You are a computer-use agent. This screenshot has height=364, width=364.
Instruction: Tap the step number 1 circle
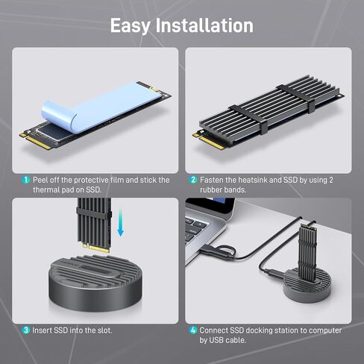(25, 180)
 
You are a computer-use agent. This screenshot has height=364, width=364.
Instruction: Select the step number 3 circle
(25, 330)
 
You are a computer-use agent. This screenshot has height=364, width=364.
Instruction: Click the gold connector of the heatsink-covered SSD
(211, 141)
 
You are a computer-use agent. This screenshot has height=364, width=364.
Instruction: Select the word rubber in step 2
(211, 190)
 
